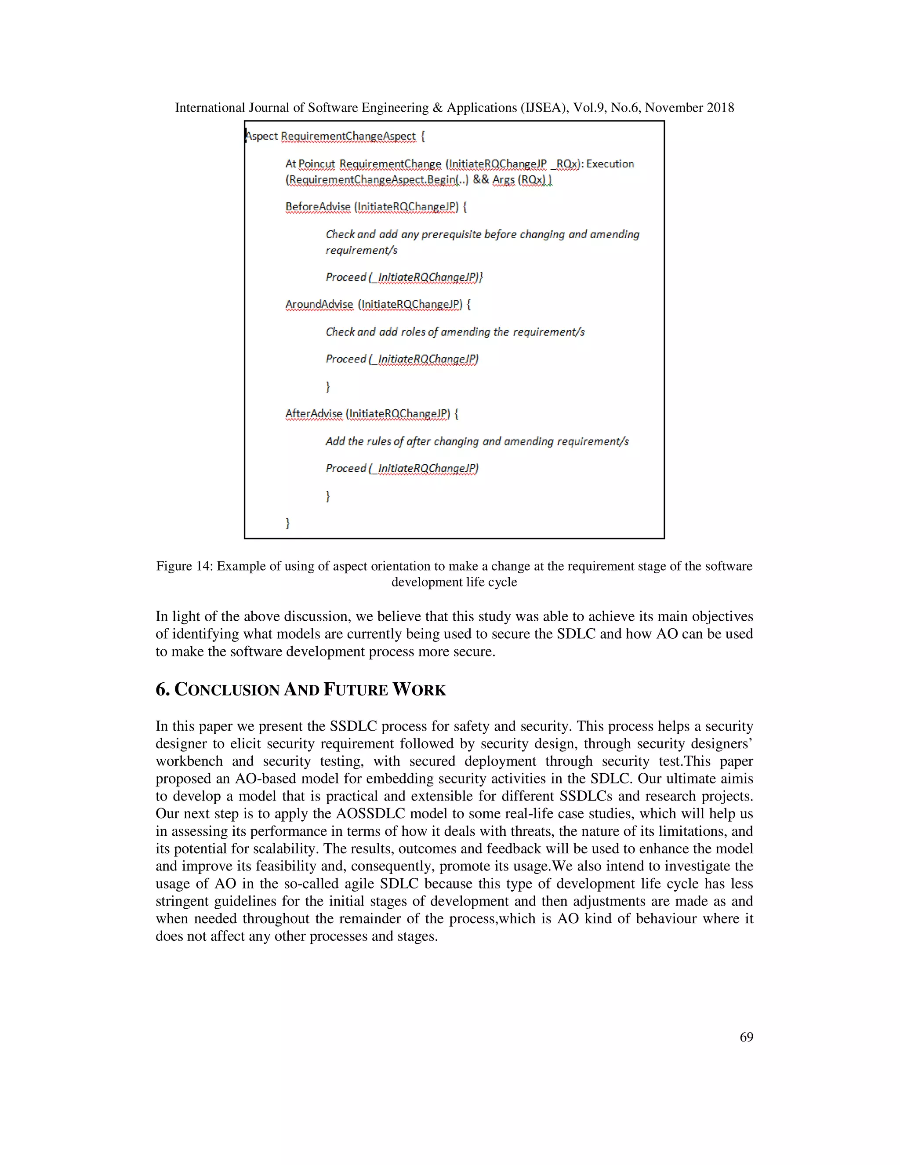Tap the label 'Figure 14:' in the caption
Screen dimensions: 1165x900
click(x=184, y=566)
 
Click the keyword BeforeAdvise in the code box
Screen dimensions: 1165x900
click(x=318, y=207)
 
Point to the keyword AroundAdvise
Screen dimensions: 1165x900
click(x=319, y=304)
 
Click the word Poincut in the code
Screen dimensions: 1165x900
click(x=317, y=164)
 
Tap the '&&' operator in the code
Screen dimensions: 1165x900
click(x=480, y=180)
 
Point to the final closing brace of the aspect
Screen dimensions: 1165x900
click(x=288, y=523)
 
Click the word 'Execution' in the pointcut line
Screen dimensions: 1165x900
click(x=610, y=164)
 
